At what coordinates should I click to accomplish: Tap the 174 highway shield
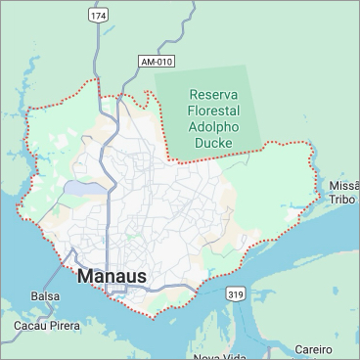click(98, 17)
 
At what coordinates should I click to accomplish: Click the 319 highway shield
click(235, 293)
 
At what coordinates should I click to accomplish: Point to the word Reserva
click(214, 96)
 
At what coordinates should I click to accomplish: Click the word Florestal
click(214, 112)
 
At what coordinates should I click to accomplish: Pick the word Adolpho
click(214, 127)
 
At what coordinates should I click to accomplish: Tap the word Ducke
click(214, 143)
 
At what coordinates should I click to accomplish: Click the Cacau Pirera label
click(45, 325)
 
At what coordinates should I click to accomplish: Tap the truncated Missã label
click(344, 185)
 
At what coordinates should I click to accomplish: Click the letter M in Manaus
click(84, 277)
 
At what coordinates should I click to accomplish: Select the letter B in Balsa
click(34, 295)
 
